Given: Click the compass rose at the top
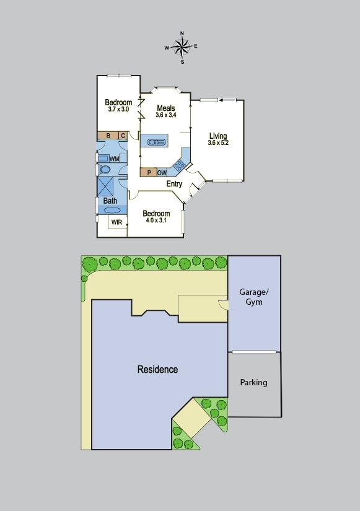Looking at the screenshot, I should pos(182,46).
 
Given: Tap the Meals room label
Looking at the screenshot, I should pos(165,108).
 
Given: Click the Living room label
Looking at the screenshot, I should pos(217,136).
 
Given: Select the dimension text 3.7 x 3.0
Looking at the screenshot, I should pos(118,110).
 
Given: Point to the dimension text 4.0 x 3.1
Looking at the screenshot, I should pos(156,221).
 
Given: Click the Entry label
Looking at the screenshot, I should pos(174,184).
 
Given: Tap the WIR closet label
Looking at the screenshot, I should pos(116,222).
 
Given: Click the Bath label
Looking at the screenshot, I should pos(110,201).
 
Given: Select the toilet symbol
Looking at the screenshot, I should pos(105,169).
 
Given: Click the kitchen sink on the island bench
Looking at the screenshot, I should pos(157,142).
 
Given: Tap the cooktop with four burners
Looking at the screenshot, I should pos(179,165).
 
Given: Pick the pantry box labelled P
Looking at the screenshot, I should pos(148,173).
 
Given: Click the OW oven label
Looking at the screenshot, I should pos(162,173).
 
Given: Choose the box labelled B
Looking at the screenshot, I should pos(108,136).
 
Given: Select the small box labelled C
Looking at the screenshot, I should pos(123,136).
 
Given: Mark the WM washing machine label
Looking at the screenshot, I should pos(114,159).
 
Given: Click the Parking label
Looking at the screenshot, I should pos(254,382).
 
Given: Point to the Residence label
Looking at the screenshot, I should pos(157,369).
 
